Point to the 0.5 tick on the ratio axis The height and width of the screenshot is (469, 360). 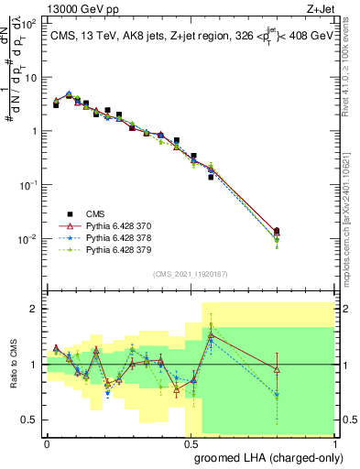click(x=29, y=420)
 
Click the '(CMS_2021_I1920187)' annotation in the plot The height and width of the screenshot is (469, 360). click(x=191, y=274)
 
